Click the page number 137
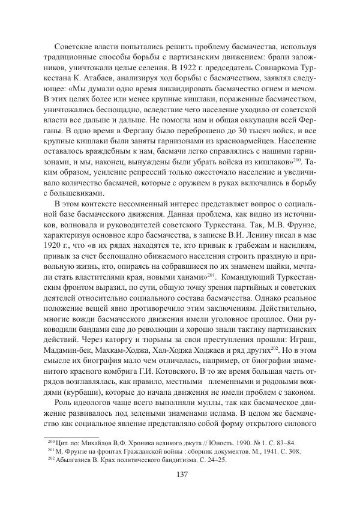180,475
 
